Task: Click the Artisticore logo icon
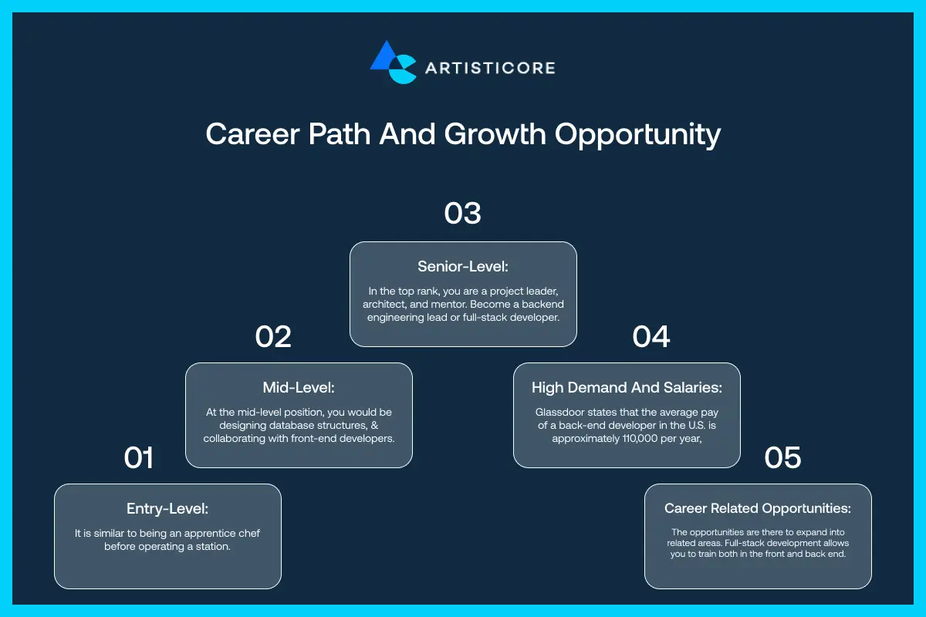pyautogui.click(x=394, y=62)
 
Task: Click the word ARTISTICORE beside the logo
pyautogui.click(x=490, y=68)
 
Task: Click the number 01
pyautogui.click(x=139, y=458)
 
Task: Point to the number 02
pyautogui.click(x=273, y=337)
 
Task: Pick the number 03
pyautogui.click(x=463, y=213)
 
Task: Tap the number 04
pyautogui.click(x=651, y=337)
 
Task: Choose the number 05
pyautogui.click(x=783, y=458)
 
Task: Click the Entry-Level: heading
pyautogui.click(x=167, y=508)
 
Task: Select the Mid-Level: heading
pyautogui.click(x=299, y=387)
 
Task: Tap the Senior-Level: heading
pyautogui.click(x=463, y=266)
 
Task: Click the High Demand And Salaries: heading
pyautogui.click(x=627, y=387)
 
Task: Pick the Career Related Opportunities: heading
pyautogui.click(x=758, y=508)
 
